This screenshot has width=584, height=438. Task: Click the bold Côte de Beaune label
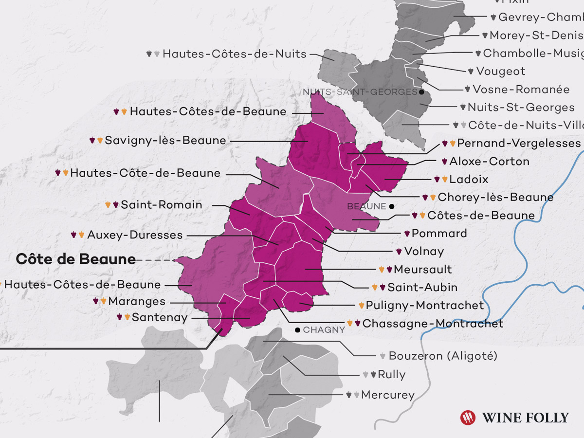coord(75,259)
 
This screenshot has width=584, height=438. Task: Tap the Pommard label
coord(439,234)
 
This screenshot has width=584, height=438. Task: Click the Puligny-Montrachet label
coord(424,306)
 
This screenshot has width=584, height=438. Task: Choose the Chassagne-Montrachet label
coord(433,324)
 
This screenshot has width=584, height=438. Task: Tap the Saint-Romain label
coord(161,205)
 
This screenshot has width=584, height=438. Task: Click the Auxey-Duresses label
coord(135,235)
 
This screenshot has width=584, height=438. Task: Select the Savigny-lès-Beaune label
coord(165,141)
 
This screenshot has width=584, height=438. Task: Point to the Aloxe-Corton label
coord(489,161)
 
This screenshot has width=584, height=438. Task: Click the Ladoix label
coord(469,179)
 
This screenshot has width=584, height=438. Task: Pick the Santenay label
coord(159,318)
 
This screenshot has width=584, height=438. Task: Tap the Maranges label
coord(137,301)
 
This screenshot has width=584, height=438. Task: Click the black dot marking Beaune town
coord(392,206)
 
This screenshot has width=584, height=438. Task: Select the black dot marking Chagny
coord(297,330)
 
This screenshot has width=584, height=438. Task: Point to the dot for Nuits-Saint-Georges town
coord(421,91)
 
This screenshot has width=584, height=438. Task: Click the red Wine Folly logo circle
coord(468,418)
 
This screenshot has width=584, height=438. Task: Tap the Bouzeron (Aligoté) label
coord(443,356)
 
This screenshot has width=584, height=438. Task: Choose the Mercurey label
coord(388,395)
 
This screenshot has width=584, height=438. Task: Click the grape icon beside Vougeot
coord(471,71)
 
